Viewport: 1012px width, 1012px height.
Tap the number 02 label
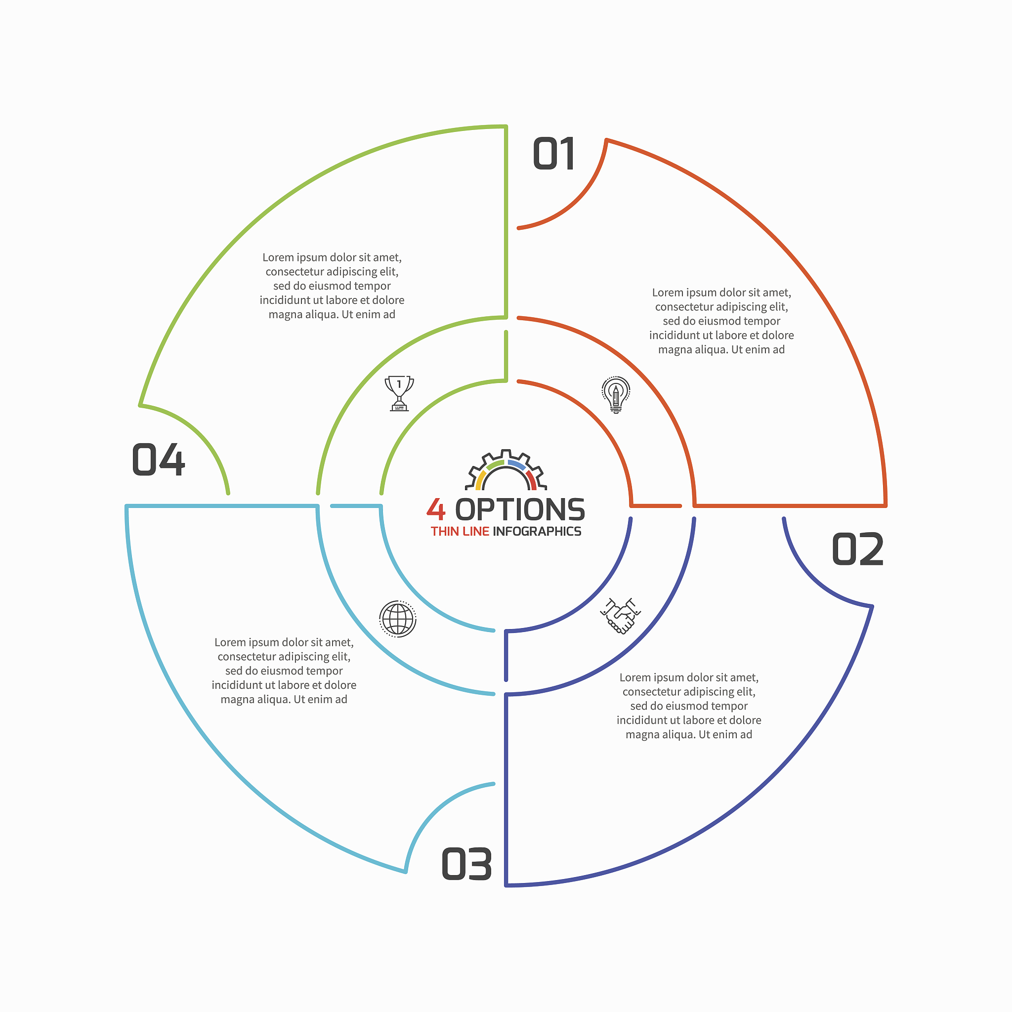(x=857, y=549)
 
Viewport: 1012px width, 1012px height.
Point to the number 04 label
(x=158, y=460)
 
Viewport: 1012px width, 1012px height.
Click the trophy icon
(x=399, y=393)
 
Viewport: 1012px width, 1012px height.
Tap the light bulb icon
(x=616, y=394)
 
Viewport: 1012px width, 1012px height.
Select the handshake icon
(x=620, y=616)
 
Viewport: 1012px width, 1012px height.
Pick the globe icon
(x=398, y=619)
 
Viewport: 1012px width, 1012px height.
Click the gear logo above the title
(x=506, y=470)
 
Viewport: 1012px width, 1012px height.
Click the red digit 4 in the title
(x=436, y=509)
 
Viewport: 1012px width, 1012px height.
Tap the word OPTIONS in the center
(x=520, y=509)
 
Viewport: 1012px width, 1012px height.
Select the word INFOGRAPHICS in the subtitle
(x=537, y=532)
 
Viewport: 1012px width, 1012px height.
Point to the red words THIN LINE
(x=460, y=532)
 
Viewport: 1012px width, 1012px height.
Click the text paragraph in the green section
(x=332, y=286)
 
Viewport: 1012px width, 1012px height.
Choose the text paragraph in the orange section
(x=721, y=321)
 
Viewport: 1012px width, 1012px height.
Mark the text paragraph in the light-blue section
(x=284, y=671)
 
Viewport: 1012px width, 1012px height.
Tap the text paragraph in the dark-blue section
(x=689, y=706)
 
